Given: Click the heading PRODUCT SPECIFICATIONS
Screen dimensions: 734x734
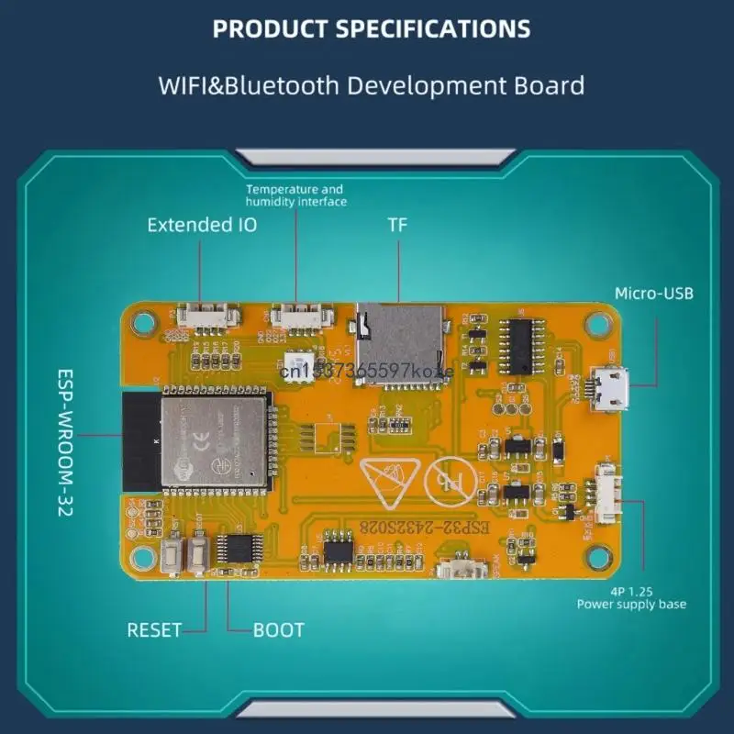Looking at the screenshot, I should click(x=372, y=29).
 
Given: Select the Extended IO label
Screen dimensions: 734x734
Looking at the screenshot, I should click(x=202, y=225).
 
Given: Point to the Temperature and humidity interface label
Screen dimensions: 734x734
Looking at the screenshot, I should click(x=295, y=195).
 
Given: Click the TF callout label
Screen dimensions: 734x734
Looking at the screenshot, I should click(x=397, y=225).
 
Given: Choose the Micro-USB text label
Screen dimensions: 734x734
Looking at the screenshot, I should click(x=654, y=294).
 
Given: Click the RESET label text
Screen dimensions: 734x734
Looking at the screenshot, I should click(x=154, y=630).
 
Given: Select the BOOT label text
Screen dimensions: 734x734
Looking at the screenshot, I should click(x=279, y=630).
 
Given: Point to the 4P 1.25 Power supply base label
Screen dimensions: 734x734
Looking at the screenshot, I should click(x=631, y=597).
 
